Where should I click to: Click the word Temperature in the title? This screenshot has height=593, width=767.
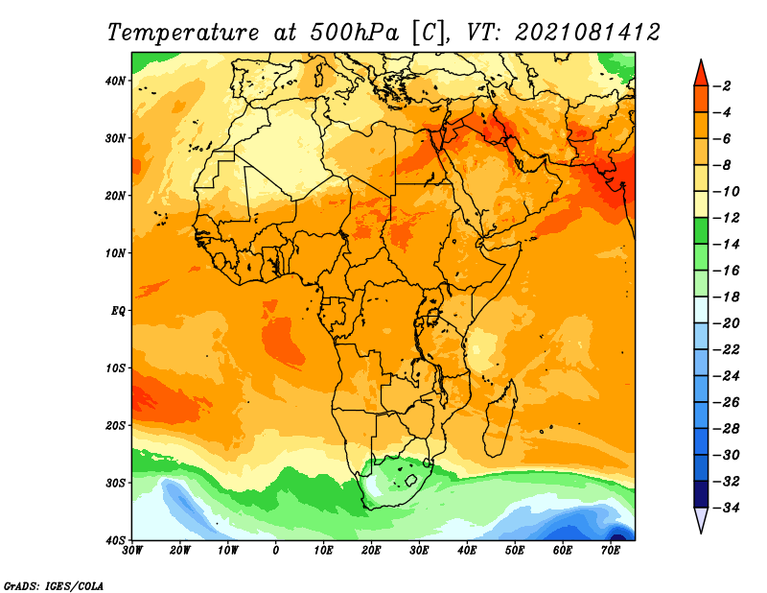tap(183, 33)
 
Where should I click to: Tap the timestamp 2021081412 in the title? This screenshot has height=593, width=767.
tap(588, 33)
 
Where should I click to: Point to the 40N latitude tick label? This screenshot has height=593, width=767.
tap(115, 81)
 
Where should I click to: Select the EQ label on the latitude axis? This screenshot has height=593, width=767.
tap(118, 311)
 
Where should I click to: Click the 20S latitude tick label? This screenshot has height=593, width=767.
tap(115, 425)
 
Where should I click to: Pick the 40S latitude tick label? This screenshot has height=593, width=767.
tap(115, 540)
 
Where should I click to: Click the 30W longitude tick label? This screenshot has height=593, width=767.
tap(132, 551)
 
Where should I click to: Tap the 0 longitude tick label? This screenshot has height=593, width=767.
tap(276, 551)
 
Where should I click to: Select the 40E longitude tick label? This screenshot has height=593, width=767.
tap(467, 551)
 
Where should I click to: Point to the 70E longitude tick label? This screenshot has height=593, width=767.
tap(611, 551)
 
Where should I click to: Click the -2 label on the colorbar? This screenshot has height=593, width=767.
tap(723, 86)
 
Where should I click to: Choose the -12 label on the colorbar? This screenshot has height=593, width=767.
tap(727, 218)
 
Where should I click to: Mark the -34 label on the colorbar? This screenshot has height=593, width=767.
tap(727, 508)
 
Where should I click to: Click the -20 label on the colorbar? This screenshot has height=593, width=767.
tap(727, 323)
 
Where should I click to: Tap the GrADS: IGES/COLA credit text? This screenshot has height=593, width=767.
tap(54, 586)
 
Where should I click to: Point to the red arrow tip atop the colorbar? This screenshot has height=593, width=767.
tap(701, 61)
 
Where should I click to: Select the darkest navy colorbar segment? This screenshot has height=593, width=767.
tap(701, 494)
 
